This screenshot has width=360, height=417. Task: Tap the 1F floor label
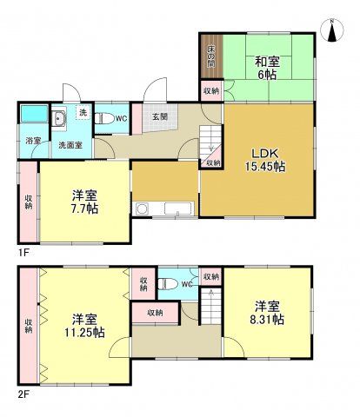(24, 252)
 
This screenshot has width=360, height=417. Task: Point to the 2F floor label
(24, 393)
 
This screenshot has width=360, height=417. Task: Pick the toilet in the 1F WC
(103, 117)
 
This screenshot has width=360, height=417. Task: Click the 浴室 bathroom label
(31, 139)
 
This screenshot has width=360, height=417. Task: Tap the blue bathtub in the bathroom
(33, 114)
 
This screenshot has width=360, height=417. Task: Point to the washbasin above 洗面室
(61, 120)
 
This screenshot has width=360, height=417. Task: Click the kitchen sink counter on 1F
(166, 209)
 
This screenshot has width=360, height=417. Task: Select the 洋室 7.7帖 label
(84, 202)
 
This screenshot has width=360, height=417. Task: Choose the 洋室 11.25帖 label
(89, 323)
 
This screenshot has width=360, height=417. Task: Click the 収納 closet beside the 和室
(211, 90)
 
